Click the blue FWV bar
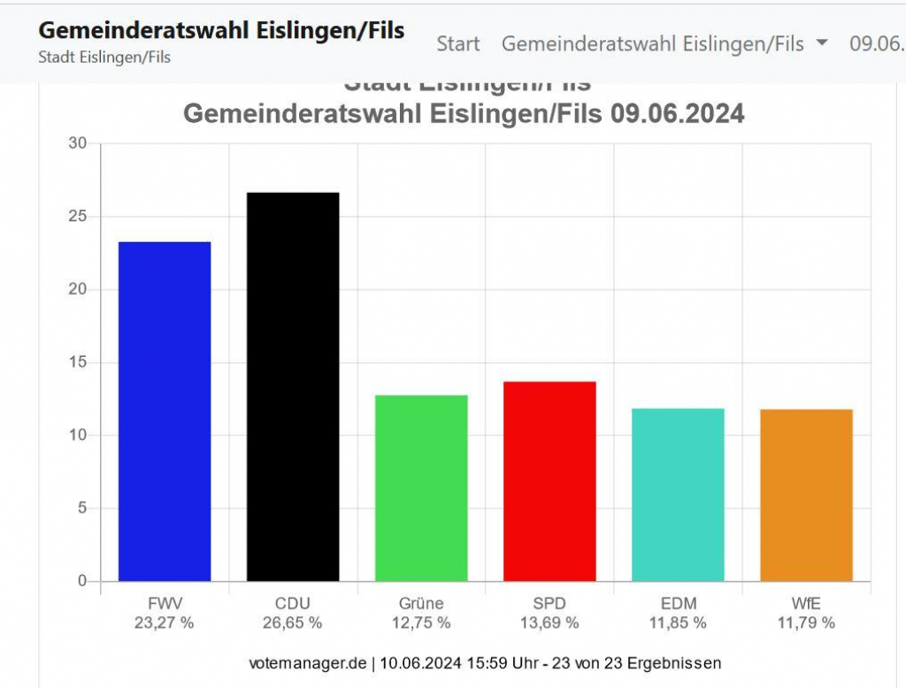coord(165,411)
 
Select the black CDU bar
coord(293,386)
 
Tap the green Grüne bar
coord(421,488)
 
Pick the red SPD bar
coord(549,481)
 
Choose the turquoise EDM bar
coord(678,494)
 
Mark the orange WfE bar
coord(806,495)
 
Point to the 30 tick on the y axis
coord(78,143)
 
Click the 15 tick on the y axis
coord(78,362)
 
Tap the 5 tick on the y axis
coord(81,508)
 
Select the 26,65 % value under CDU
coord(293,622)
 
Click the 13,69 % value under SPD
coord(549,622)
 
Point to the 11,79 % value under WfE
coord(806,622)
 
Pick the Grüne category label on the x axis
coord(421,604)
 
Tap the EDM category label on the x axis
coord(678,604)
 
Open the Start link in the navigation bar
coord(458,43)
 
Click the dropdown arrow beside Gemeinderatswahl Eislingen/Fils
coord(822,43)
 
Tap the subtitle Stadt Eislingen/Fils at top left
coord(104,58)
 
